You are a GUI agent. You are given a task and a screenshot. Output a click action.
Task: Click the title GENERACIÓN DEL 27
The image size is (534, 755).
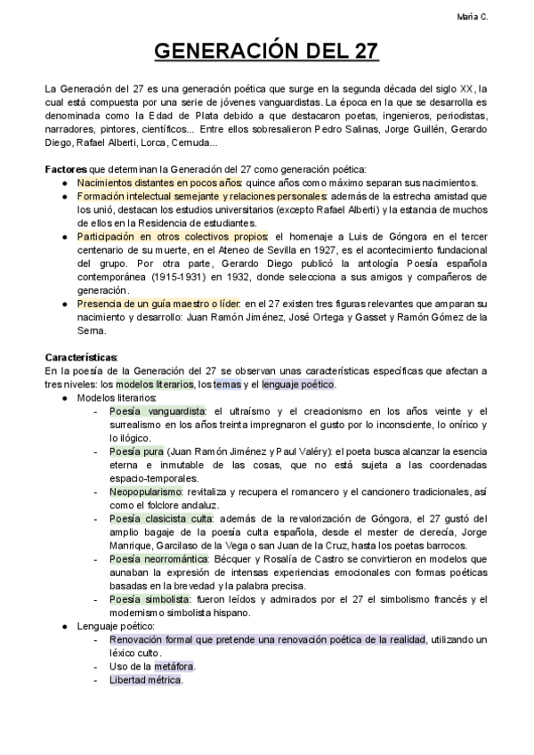[x=267, y=53]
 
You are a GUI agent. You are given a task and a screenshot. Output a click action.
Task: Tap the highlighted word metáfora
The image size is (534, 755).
[x=174, y=666]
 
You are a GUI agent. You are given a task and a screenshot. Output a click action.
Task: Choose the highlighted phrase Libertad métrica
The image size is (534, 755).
[x=145, y=680]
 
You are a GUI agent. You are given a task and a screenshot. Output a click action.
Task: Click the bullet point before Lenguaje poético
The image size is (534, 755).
[x=67, y=626]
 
